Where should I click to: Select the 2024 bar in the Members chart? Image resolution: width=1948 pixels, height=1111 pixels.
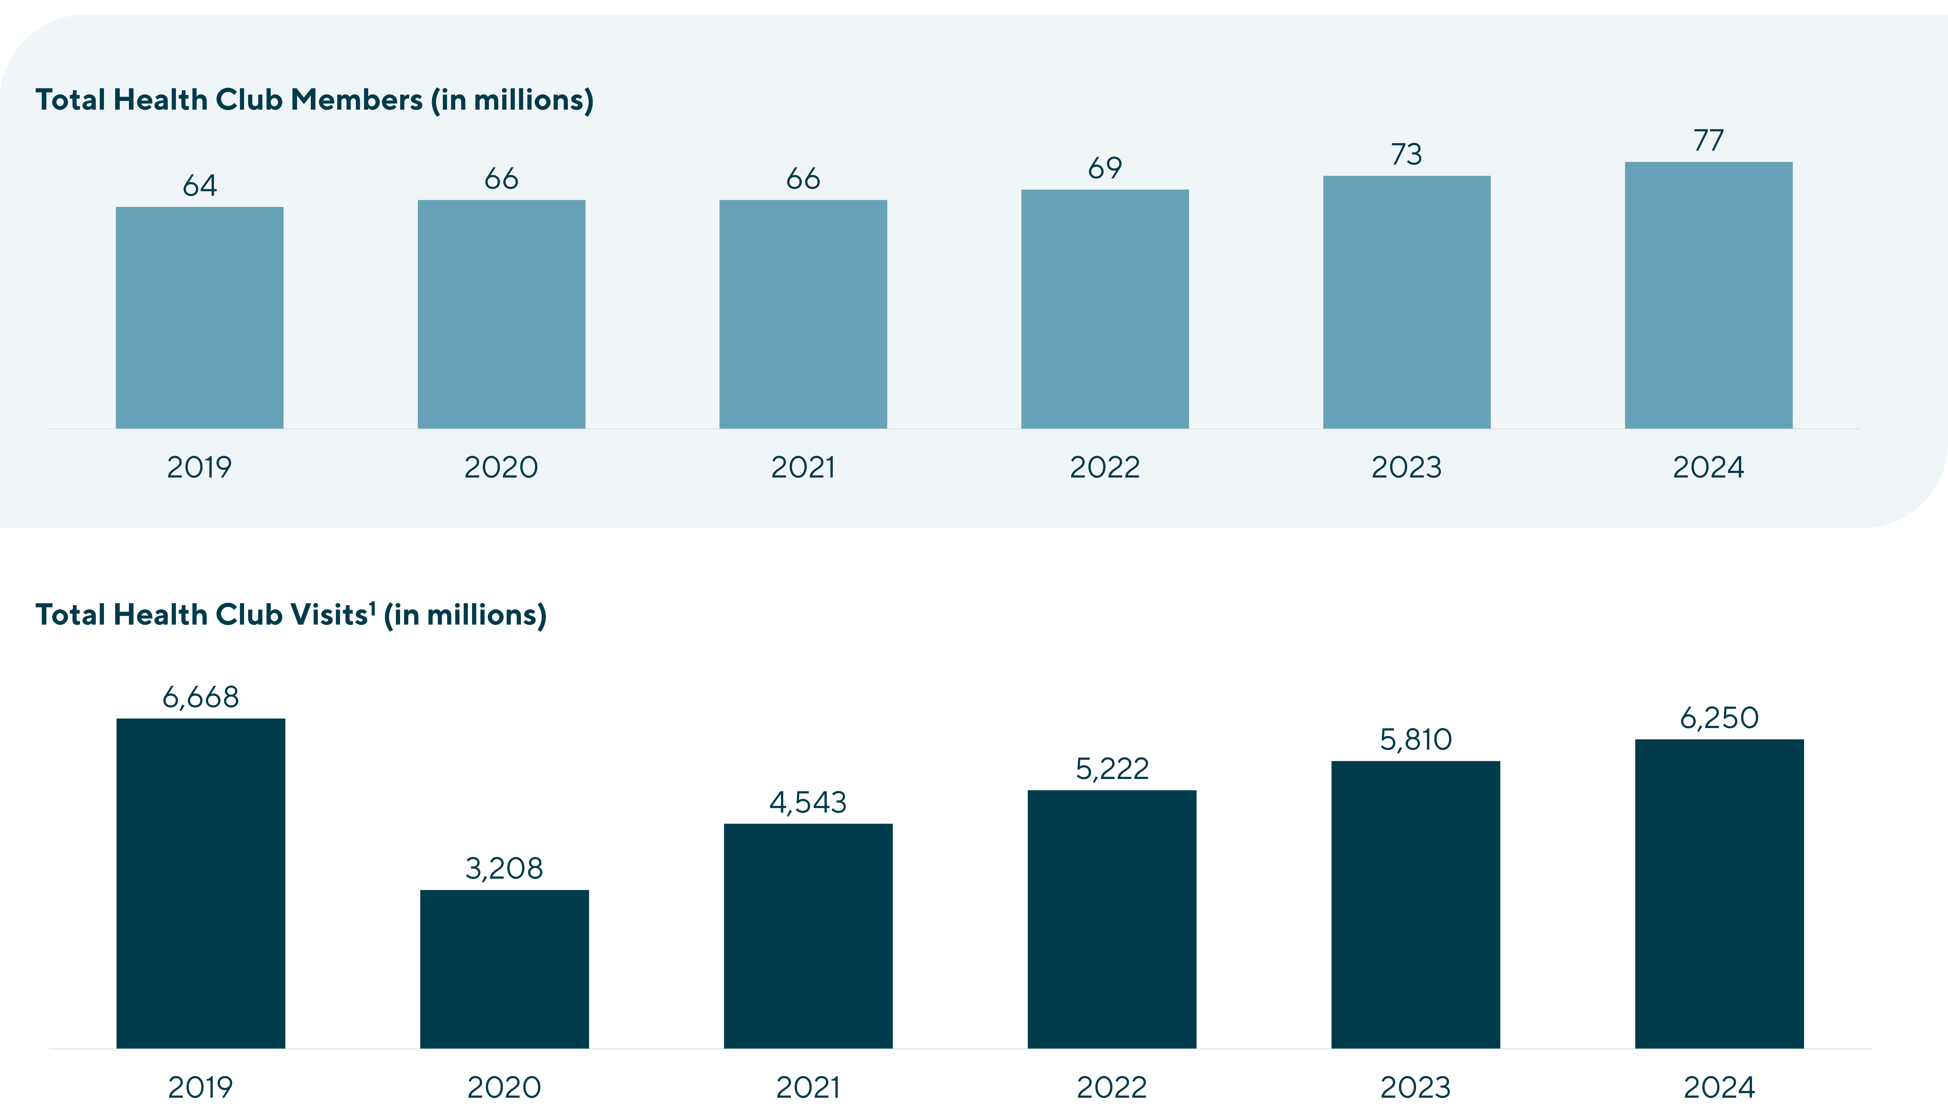(x=1709, y=295)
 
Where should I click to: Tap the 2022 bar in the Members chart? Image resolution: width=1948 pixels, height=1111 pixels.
(x=1105, y=309)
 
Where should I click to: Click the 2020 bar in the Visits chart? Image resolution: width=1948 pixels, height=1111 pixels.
(x=504, y=969)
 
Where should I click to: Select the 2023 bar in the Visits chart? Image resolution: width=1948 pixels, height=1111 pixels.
(x=1415, y=904)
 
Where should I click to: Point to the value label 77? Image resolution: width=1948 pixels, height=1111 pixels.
(x=1709, y=140)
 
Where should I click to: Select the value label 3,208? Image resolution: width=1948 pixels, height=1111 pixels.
(x=504, y=868)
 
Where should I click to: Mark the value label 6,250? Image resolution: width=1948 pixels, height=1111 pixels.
(x=1719, y=718)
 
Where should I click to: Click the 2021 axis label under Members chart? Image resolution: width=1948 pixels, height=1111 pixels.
(x=803, y=467)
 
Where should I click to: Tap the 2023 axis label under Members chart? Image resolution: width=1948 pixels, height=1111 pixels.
(x=1406, y=467)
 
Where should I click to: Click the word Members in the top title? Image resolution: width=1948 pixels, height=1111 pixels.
(x=356, y=100)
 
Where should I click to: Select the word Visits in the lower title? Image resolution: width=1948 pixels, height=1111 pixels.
(x=330, y=615)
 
